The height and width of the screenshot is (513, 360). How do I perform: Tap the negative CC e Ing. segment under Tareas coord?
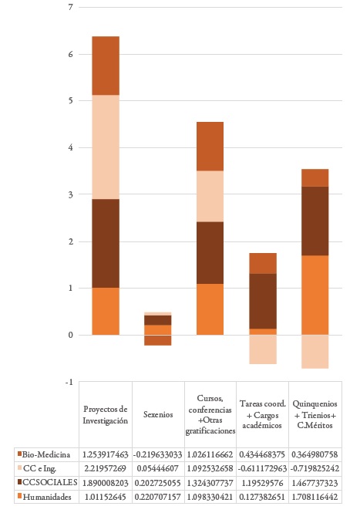click(262, 349)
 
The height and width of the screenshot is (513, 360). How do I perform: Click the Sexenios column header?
click(158, 414)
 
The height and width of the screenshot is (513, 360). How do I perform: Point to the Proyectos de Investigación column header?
click(106, 414)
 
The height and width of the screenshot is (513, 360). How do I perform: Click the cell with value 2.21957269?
click(106, 468)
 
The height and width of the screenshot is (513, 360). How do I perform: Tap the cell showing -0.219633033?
click(158, 454)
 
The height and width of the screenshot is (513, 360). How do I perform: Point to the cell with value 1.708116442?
click(315, 497)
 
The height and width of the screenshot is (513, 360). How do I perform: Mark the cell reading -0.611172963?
click(262, 468)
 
